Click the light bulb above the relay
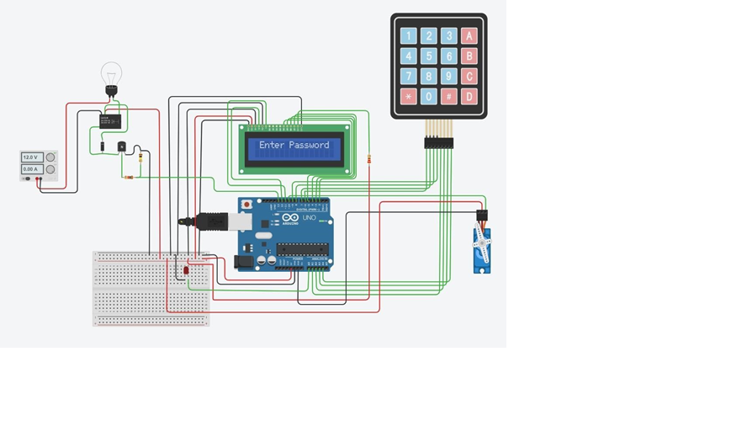pyautogui.click(x=111, y=75)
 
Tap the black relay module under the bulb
pyautogui.click(x=110, y=121)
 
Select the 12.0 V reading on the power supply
pyautogui.click(x=30, y=157)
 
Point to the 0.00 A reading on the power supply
pyautogui.click(x=30, y=169)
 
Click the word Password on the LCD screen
pyautogui.click(x=310, y=145)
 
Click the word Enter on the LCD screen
pyautogui.click(x=272, y=145)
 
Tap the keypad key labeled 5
pyautogui.click(x=429, y=56)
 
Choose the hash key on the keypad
pyautogui.click(x=449, y=97)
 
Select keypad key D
pyautogui.click(x=469, y=97)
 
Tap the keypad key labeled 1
pyautogui.click(x=409, y=36)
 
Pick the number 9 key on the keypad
pyautogui.click(x=449, y=77)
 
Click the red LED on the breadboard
pyautogui.click(x=186, y=270)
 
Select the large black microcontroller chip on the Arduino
pyautogui.click(x=303, y=248)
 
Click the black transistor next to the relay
pyautogui.click(x=122, y=147)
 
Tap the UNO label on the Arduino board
pyautogui.click(x=309, y=218)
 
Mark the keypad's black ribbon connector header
pyautogui.click(x=438, y=143)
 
